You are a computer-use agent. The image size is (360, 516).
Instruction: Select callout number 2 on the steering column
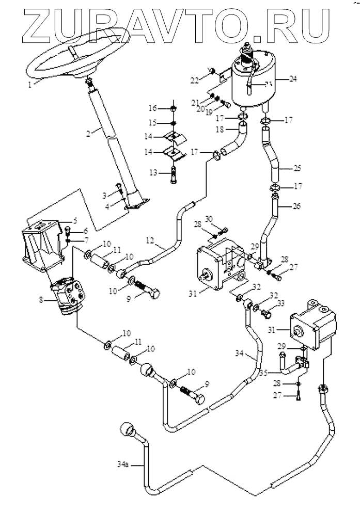[x=89, y=133]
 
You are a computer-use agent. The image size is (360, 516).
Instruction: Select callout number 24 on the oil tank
[x=293, y=79]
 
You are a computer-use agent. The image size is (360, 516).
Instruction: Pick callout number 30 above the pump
[x=209, y=219]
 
